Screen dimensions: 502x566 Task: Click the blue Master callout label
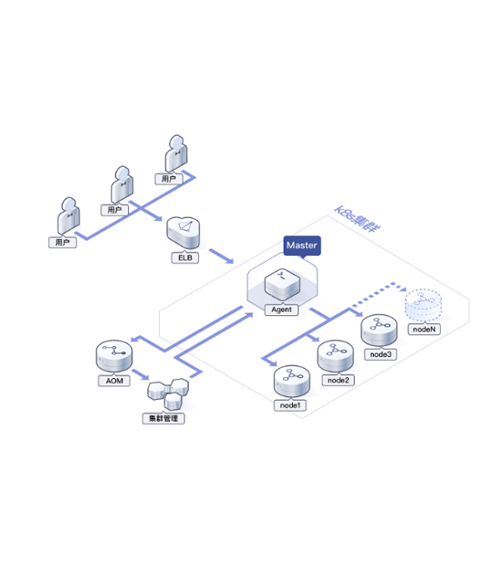point(302,246)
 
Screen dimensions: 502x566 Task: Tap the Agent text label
point(281,309)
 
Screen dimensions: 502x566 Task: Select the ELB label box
point(184,257)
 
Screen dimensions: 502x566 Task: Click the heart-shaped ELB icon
point(183,233)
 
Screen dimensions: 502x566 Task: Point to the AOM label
point(114,381)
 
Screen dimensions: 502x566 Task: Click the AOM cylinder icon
point(114,356)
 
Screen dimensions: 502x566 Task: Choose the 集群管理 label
point(163,418)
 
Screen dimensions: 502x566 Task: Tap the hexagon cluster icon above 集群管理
point(168,393)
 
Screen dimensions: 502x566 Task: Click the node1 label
point(290,405)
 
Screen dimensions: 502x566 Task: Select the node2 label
point(338,380)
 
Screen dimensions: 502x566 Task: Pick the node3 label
point(381,354)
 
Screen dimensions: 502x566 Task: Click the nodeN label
point(424,330)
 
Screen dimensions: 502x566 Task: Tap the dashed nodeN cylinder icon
point(424,306)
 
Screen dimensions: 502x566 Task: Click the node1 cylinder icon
point(291,382)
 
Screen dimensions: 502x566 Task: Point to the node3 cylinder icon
point(379,330)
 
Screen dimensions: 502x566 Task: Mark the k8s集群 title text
point(358,219)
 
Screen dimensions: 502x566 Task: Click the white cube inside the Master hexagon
point(282,285)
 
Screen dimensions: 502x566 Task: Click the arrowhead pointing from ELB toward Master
point(229,260)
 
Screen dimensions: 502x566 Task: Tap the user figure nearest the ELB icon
point(122,184)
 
